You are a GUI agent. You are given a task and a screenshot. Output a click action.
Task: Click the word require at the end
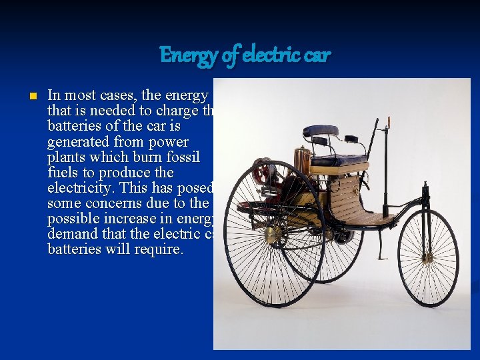pyautogui.click(x=159, y=249)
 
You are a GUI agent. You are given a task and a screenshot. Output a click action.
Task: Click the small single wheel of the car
pyautogui.click(x=428, y=258)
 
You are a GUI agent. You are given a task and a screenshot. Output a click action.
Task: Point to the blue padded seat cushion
pyautogui.click(x=339, y=161)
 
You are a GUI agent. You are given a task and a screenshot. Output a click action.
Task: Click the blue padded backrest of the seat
pyautogui.click(x=320, y=131)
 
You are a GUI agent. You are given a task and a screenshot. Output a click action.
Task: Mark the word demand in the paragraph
pyautogui.click(x=71, y=233)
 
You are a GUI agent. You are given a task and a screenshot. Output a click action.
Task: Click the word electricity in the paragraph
pyautogui.click(x=84, y=188)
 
